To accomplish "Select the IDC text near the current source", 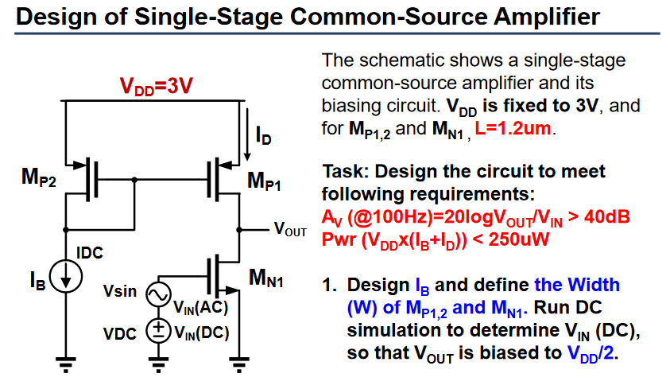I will point(90,253).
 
